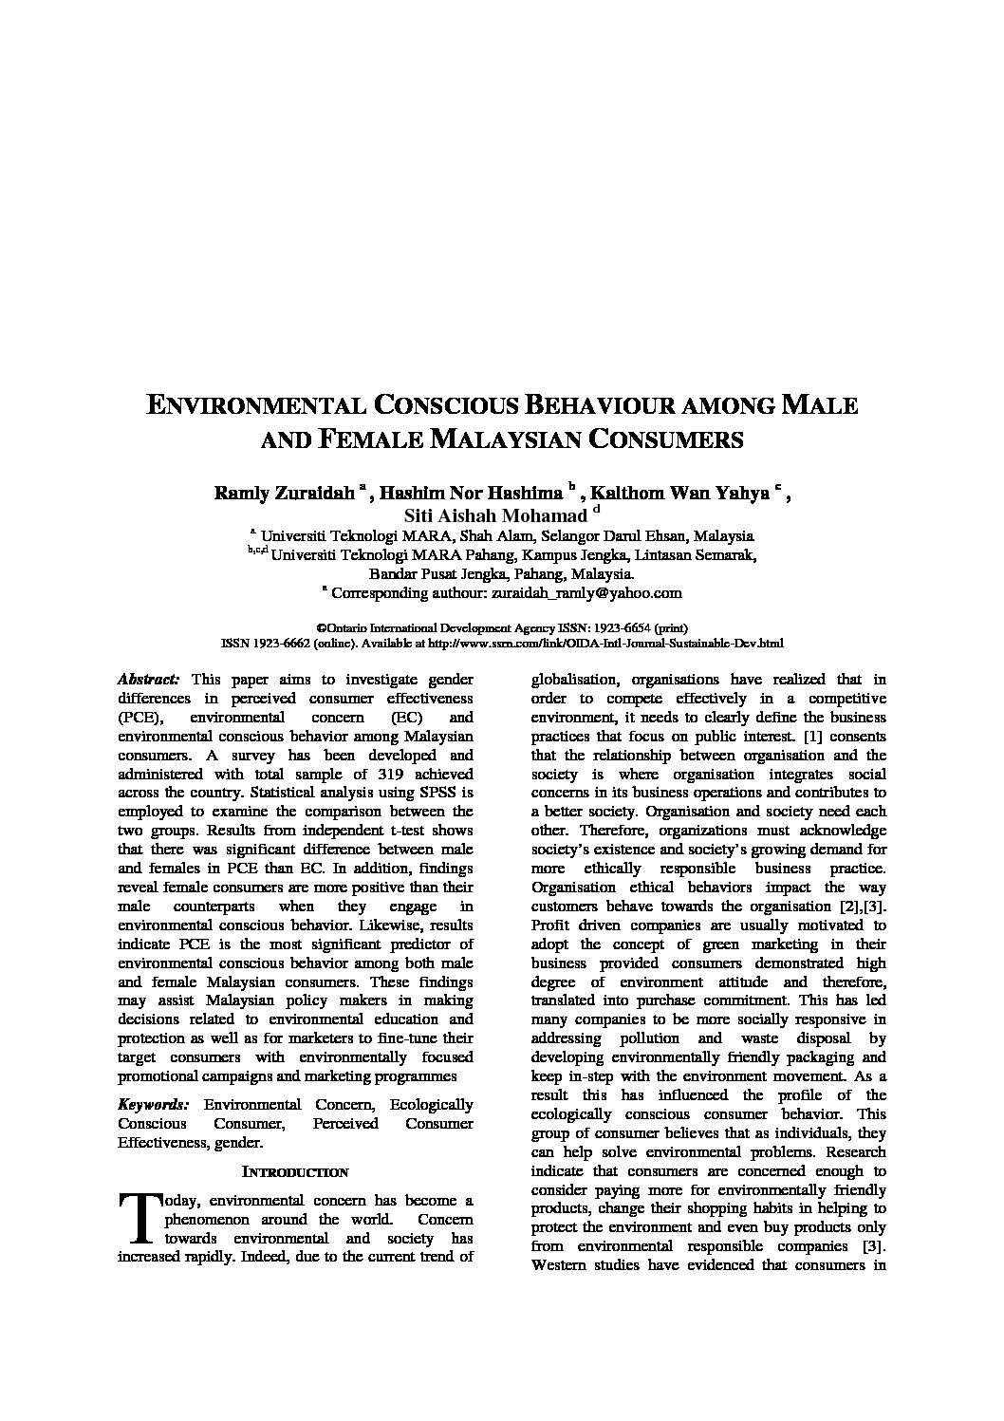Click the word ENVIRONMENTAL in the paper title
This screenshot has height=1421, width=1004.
coord(254,405)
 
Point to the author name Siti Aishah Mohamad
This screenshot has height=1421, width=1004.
coord(495,516)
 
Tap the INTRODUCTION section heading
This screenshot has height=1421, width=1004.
coord(295,1172)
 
